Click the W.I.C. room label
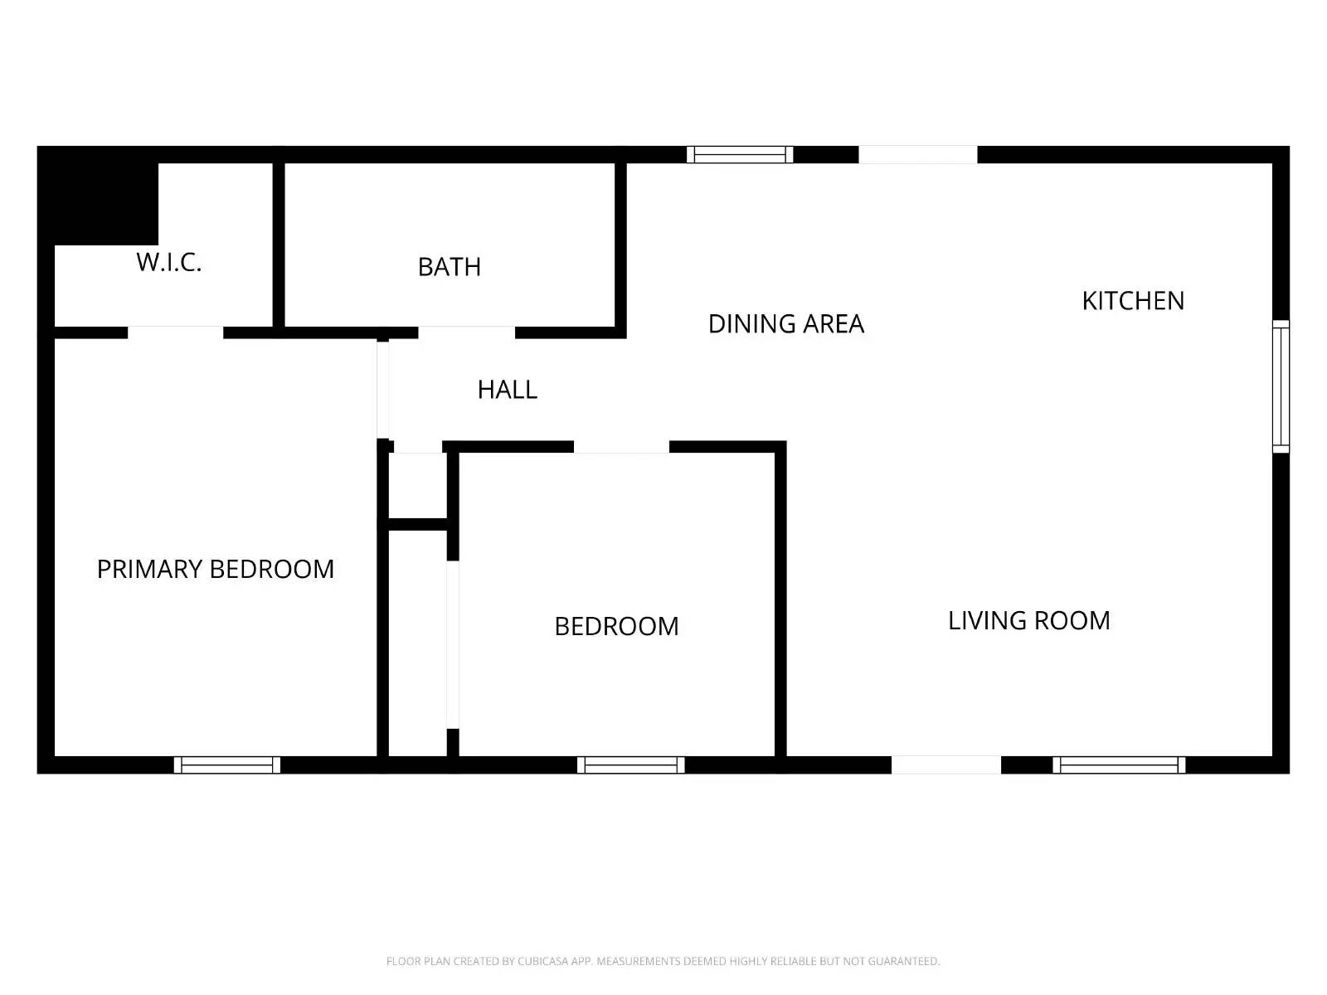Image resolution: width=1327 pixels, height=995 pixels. pos(169,262)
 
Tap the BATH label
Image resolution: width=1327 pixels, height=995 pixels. pos(450,267)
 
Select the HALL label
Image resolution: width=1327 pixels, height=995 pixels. pos(508,390)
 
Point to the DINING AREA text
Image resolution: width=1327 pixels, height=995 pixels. pos(786,324)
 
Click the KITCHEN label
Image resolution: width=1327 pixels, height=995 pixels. pos(1133,301)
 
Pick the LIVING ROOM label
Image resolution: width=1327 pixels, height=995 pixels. pos(1028,621)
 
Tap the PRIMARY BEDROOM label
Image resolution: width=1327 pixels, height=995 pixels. pos(216,570)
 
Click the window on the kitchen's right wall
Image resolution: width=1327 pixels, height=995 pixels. pos(1281,386)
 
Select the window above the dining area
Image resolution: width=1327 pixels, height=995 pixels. pos(740,154)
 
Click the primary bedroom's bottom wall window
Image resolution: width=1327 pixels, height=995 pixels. pos(227,765)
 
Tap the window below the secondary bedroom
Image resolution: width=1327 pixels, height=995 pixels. pos(631,765)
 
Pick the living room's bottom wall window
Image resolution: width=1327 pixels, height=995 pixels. pos(1119,765)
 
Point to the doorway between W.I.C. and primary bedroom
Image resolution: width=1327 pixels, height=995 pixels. pos(175,332)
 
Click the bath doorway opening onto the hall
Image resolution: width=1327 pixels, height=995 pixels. pos(466,332)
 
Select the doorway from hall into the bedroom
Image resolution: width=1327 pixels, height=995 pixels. pos(621,447)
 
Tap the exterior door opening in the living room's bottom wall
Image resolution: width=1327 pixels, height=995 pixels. pos(946,765)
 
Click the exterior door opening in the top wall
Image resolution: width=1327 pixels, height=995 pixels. pos(917,154)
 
